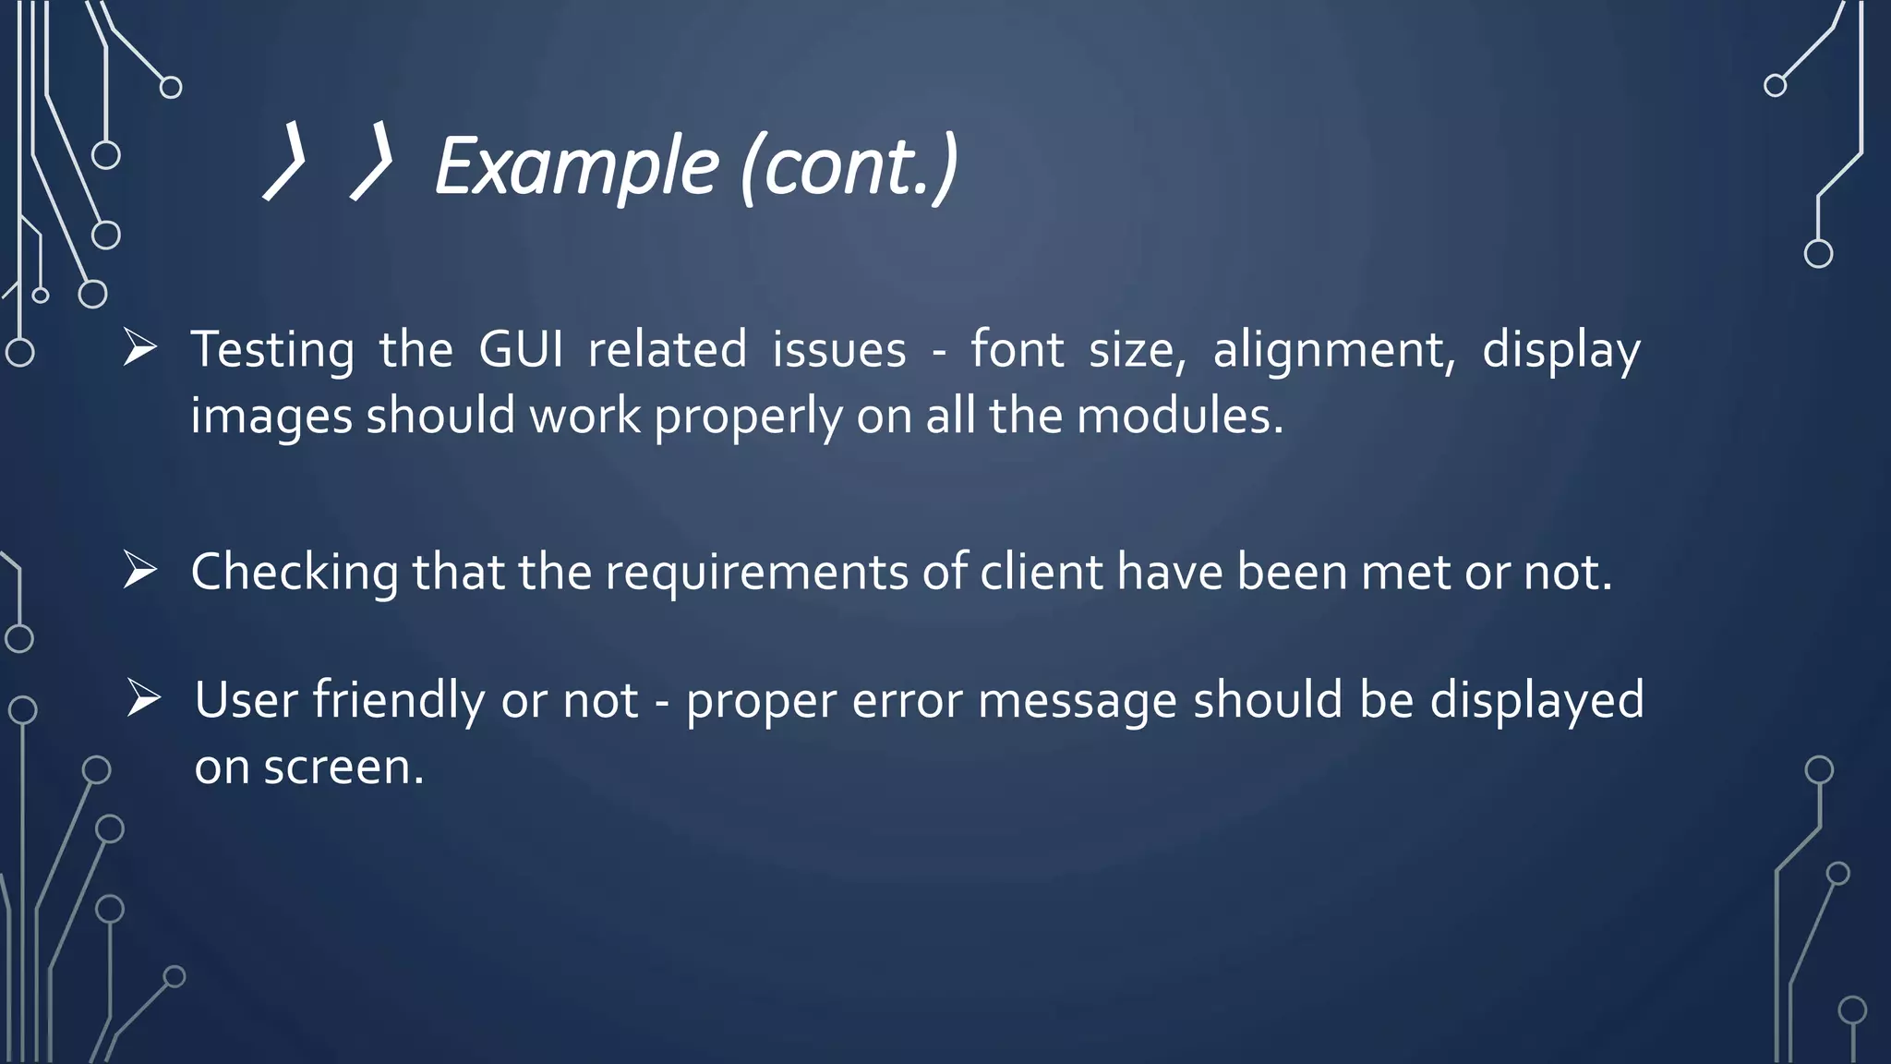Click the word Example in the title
pos(576,167)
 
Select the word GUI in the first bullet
pos(521,350)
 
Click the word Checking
pos(295,573)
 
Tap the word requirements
pos(756,573)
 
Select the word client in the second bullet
pos(1041,572)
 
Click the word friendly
pos(398,700)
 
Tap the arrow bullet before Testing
pos(140,348)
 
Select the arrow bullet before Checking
pos(140,570)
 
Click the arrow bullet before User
pos(144,697)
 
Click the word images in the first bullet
pos(271,417)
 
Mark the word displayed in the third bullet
pos(1536,700)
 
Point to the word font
pos(1017,349)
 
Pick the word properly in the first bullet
pos(748,417)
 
